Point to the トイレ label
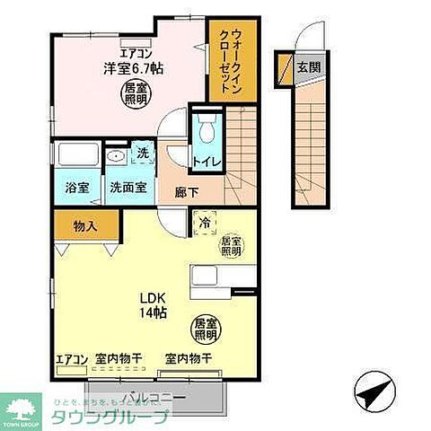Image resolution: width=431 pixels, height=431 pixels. click(205, 163)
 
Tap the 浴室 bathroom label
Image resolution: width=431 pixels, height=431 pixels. click(76, 188)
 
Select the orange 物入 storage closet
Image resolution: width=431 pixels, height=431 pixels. click(85, 227)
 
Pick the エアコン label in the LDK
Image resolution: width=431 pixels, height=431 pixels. click(72, 360)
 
